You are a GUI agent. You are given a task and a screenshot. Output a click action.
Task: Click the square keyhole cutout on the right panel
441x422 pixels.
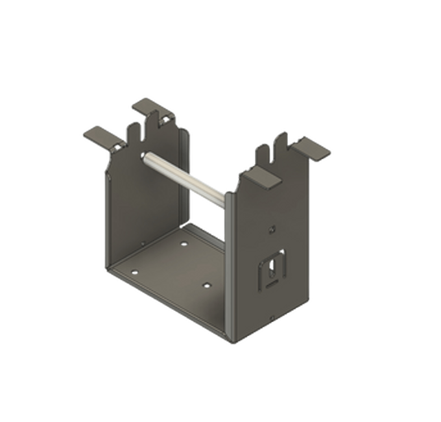(x=273, y=267)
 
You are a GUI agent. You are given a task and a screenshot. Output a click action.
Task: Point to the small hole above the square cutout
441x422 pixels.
(x=273, y=229)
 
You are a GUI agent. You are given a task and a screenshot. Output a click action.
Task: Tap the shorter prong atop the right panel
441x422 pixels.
(x=263, y=153)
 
